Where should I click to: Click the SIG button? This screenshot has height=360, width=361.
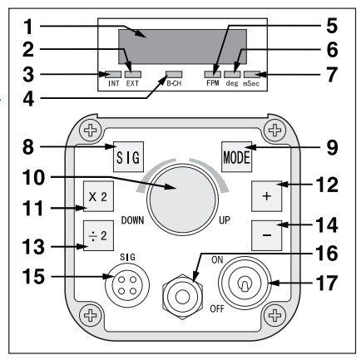pos(128,157)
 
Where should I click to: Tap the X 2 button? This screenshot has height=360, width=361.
pos(98,196)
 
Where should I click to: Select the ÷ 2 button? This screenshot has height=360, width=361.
pos(98,235)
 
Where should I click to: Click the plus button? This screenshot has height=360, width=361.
pos(266,196)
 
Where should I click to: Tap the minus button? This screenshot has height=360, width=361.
pos(266,235)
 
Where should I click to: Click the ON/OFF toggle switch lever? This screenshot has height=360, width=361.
pos(244,285)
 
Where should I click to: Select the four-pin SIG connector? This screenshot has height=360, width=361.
pos(127,285)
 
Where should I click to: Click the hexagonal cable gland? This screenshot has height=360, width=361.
pos(182,297)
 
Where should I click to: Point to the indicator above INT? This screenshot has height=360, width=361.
pos(113,74)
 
